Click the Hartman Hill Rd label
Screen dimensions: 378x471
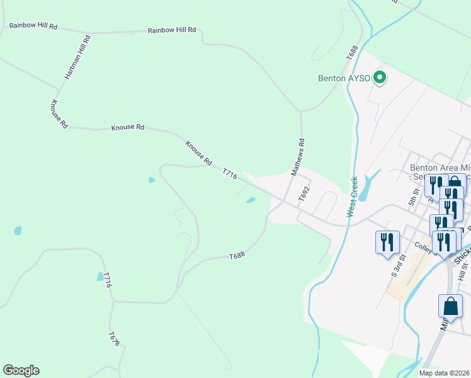tap(77, 57)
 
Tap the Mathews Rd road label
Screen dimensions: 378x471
tap(298, 156)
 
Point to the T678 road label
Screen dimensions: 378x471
tap(113, 339)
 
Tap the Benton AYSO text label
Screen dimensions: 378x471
tap(344, 79)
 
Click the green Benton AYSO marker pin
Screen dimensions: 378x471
tap(380, 78)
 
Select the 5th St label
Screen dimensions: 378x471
tap(413, 197)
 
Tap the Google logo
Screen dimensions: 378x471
tap(21, 370)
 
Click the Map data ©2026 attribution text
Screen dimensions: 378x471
tap(444, 373)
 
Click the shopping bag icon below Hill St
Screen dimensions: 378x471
tap(450, 306)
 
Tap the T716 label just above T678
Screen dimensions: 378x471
tap(108, 280)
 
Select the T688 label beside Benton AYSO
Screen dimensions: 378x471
tap(351, 53)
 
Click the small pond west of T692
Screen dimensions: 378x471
tap(251, 201)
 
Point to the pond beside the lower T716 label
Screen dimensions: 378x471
tap(100, 276)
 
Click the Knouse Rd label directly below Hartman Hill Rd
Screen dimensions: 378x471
tap(59, 114)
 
